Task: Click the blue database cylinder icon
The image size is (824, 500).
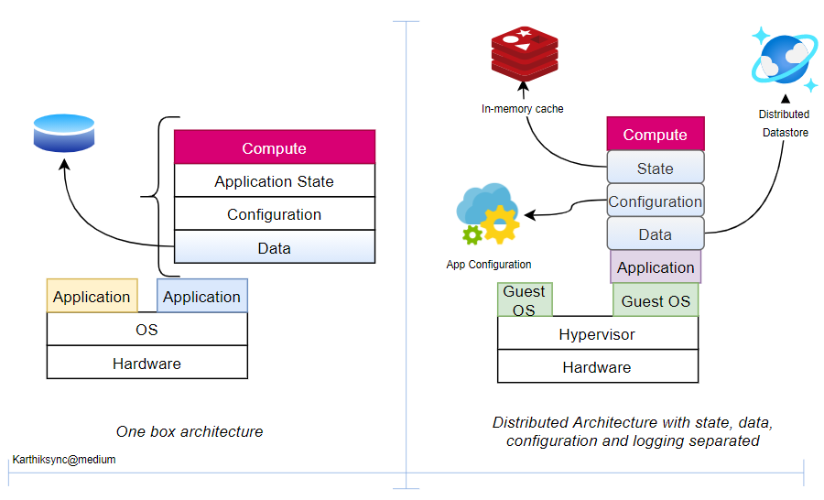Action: (64, 133)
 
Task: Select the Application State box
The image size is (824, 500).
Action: (275, 181)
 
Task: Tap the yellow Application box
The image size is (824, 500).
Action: (92, 296)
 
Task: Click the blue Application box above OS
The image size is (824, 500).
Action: (202, 296)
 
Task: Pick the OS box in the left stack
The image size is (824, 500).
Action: (146, 329)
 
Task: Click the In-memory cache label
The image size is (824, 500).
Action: (523, 109)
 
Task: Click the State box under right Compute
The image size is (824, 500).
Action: (656, 168)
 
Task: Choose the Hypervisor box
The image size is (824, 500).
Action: (597, 334)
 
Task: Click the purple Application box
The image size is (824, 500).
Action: (656, 267)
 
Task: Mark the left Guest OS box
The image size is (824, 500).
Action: (524, 300)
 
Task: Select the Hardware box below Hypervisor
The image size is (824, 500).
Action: (597, 366)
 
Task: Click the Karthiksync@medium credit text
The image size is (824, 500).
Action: (64, 460)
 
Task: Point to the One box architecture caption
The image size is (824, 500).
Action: (190, 431)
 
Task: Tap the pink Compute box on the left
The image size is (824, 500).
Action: (275, 147)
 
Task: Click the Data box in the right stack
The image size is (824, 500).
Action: (656, 234)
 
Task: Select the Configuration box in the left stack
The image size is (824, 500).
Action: (275, 214)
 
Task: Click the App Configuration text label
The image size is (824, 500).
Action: (489, 265)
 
